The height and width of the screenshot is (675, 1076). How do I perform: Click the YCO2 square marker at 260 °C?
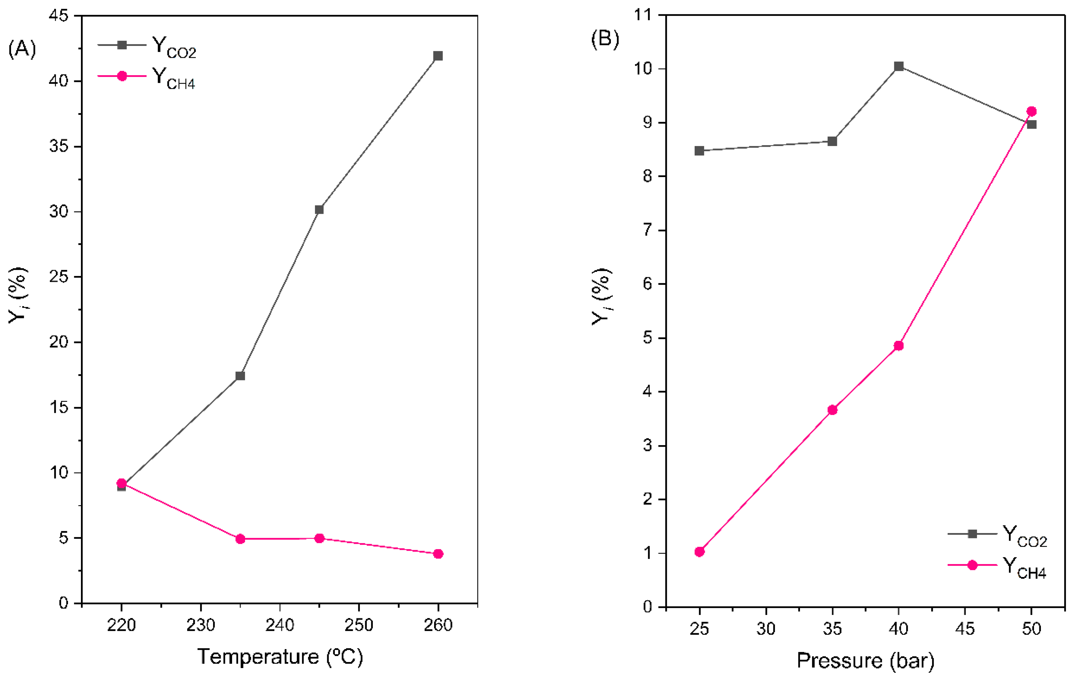(x=438, y=56)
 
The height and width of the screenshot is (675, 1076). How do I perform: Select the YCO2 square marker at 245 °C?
(x=319, y=209)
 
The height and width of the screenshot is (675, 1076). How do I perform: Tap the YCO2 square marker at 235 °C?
(x=240, y=376)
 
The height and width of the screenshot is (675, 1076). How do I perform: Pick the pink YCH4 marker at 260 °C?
(x=438, y=554)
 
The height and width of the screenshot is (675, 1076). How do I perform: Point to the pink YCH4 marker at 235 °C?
(x=240, y=539)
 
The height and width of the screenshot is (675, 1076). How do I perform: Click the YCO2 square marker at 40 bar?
(x=899, y=66)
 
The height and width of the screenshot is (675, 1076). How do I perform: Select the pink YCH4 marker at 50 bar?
(x=1031, y=112)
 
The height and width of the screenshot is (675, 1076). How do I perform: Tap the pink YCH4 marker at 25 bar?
(x=700, y=552)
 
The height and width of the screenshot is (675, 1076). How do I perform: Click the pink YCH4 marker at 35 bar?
(x=832, y=410)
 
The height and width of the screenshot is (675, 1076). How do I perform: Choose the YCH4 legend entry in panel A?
(x=147, y=77)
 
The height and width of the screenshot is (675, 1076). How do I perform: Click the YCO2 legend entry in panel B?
(x=998, y=535)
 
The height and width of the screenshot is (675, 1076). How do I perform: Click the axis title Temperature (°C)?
(x=280, y=656)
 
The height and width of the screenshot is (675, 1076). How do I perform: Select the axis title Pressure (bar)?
(x=865, y=660)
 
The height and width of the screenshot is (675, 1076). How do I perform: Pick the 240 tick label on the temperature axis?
(x=280, y=625)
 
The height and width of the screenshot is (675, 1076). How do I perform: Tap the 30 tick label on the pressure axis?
(x=766, y=629)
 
